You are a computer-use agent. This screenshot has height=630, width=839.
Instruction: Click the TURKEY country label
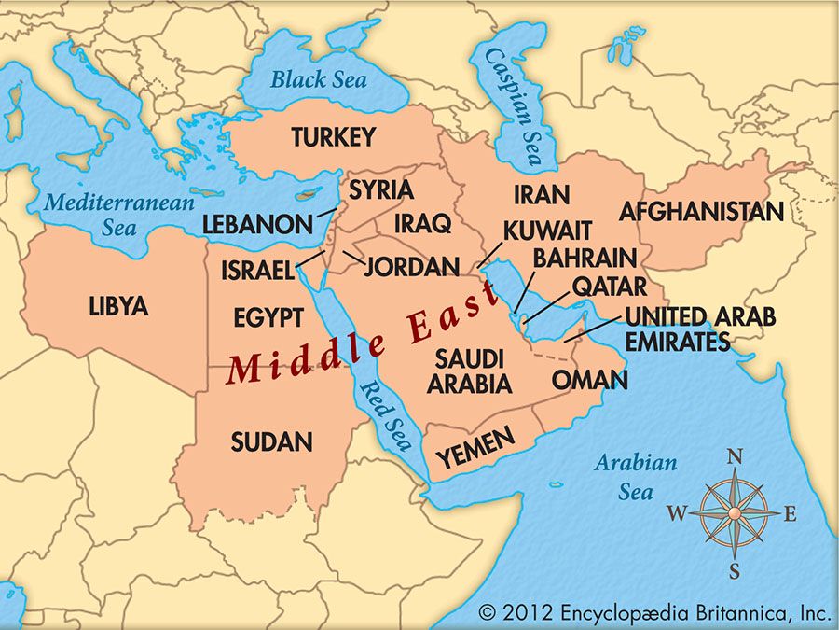pyautogui.click(x=333, y=137)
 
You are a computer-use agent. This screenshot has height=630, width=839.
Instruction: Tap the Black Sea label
pyautogui.click(x=318, y=79)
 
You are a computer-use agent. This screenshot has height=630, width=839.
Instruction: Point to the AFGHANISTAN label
pyautogui.click(x=701, y=211)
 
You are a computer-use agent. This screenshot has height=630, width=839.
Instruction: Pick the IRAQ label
pyautogui.click(x=422, y=224)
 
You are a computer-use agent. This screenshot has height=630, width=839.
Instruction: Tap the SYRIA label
pyautogui.click(x=380, y=190)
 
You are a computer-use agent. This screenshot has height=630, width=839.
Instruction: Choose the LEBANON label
pyautogui.click(x=257, y=225)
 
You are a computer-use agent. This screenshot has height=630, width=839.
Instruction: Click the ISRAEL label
pyautogui.click(x=257, y=271)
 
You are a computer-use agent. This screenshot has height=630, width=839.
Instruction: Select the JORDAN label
pyautogui.click(x=412, y=267)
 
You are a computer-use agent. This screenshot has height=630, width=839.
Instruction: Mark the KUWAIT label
pyautogui.click(x=547, y=231)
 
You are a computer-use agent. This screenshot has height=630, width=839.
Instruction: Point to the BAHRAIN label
pyautogui.click(x=585, y=258)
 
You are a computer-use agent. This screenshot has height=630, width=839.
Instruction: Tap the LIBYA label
pyautogui.click(x=118, y=305)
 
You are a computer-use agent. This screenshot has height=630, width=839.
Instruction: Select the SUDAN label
pyautogui.click(x=271, y=441)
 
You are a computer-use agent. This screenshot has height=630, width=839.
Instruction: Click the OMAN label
pyautogui.click(x=589, y=380)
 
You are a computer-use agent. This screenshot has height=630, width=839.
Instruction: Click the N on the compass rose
pyautogui.click(x=735, y=456)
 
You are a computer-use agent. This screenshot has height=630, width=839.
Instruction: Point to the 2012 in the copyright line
pyautogui.click(x=528, y=612)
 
